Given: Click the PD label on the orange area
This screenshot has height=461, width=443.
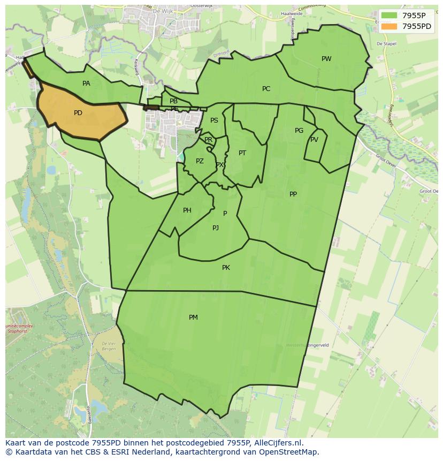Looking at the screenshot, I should coord(78,113).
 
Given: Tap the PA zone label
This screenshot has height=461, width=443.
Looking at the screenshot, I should coord(86,84).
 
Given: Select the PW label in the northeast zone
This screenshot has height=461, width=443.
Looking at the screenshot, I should coord(326,59).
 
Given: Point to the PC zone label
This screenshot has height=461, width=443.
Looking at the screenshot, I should coord(266,89).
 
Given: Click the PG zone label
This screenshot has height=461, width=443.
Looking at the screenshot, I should coord(299,131).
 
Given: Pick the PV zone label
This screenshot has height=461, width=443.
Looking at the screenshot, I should coord(314,140).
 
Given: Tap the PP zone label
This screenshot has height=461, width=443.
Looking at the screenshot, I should coord(293,194).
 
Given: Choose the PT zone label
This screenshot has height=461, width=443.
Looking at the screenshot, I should coord(242,153).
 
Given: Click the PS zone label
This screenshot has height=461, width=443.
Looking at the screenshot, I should coord(214,120).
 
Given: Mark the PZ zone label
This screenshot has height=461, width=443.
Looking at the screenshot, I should coord(200,161).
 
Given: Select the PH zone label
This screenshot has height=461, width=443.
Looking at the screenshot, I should coord(187,210).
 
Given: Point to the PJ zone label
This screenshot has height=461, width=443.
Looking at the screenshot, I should coord(216,228).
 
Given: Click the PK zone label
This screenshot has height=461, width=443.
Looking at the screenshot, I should coord(226,268).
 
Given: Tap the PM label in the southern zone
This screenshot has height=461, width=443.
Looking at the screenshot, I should coord(193,318).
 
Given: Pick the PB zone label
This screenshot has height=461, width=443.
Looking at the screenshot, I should coord(173,101).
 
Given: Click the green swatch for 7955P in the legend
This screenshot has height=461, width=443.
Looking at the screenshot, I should coord(389,16).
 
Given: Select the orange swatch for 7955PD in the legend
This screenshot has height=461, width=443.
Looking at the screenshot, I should coord(389,26).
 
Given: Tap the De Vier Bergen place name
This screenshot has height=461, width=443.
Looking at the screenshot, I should coord(109,345).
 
